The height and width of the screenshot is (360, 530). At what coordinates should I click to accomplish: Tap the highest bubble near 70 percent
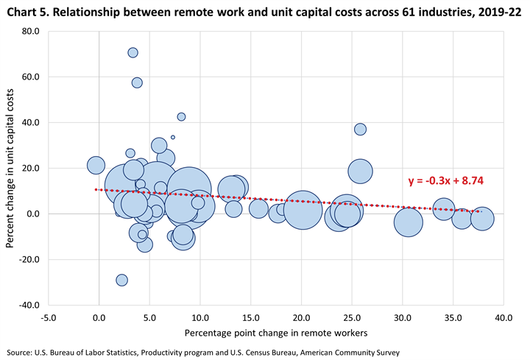point(132,52)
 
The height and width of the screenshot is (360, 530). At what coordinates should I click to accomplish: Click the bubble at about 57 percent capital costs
point(137,82)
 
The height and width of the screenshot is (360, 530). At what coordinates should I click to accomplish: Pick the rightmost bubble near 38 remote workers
point(481,219)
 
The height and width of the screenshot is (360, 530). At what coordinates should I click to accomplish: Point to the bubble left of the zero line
point(96,165)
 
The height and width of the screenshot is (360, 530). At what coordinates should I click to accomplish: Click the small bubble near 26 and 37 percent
point(360,129)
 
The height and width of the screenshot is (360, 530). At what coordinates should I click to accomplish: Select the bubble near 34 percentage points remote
point(443,209)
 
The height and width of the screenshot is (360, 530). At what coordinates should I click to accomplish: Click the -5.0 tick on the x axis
point(49,317)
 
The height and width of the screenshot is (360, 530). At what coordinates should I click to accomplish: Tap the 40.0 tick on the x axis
point(503,317)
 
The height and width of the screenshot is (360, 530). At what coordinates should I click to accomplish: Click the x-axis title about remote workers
point(275,333)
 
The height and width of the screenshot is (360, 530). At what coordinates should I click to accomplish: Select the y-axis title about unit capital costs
point(11,167)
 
